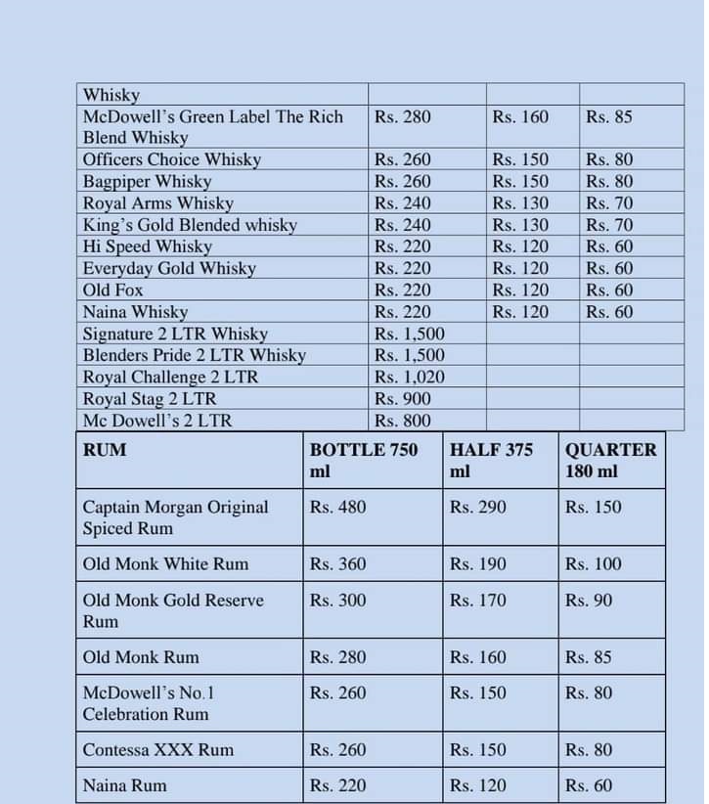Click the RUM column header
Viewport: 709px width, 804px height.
105,450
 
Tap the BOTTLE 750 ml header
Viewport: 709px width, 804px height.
363,460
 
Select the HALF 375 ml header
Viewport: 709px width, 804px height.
491,460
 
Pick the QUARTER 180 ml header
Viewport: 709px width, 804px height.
610,460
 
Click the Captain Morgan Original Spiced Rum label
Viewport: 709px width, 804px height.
175,517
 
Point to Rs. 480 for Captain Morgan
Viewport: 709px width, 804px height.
337,507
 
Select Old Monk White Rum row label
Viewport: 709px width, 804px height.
165,563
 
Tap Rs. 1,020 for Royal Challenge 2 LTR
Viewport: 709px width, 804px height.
409,377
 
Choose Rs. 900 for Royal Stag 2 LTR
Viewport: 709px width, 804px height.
402,398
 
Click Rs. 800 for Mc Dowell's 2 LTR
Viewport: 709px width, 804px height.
402,421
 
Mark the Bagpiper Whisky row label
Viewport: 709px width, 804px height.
147,181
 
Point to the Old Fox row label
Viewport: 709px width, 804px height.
113,290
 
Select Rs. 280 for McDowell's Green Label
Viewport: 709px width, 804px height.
402,116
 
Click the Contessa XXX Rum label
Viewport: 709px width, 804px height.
157,749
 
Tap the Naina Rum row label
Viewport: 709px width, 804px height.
124,785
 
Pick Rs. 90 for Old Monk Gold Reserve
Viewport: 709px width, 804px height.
589,600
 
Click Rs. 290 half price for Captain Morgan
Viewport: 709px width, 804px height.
477,507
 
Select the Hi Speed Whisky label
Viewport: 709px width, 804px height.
147,246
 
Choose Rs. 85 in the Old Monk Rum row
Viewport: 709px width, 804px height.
589,657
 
